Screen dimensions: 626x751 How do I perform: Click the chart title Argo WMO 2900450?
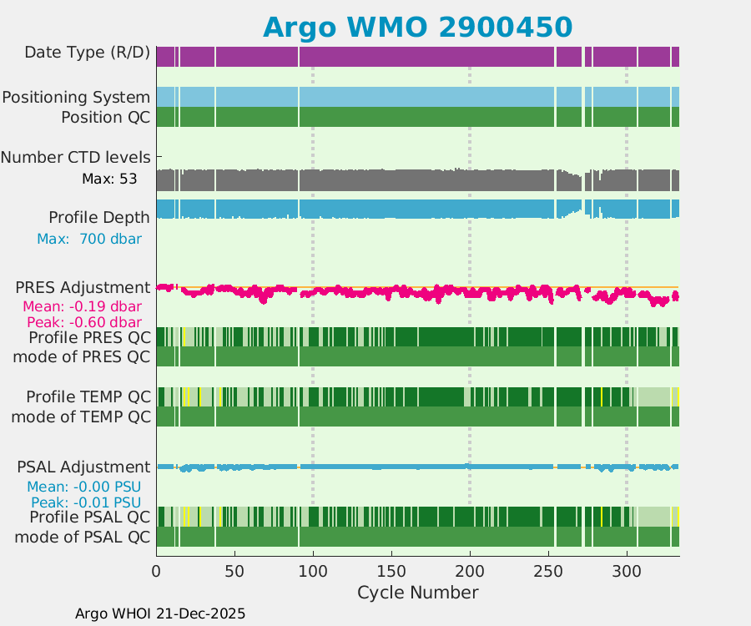(417, 27)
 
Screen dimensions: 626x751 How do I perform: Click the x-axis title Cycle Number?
(417, 593)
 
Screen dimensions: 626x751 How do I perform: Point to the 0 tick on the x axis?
(156, 571)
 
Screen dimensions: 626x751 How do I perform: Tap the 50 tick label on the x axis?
(234, 571)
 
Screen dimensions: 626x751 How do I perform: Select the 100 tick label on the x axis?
(313, 571)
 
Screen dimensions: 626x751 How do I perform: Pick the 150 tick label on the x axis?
(391, 571)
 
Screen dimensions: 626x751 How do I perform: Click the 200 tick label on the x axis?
(470, 571)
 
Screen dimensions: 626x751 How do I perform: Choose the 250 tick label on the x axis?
(548, 571)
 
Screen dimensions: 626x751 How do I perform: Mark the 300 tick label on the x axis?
(627, 571)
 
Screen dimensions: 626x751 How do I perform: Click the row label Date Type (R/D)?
(87, 53)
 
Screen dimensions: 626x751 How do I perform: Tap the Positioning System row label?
(76, 98)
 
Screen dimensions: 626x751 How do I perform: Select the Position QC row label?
(105, 118)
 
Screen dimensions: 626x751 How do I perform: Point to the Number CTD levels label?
(76, 157)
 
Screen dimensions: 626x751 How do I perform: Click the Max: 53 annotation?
(109, 179)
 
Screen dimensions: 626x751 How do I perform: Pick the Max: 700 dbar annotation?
(88, 239)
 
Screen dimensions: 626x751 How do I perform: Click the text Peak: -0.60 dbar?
(83, 322)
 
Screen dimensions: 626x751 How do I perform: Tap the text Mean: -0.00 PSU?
(83, 487)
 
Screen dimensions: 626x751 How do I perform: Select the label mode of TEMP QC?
(81, 416)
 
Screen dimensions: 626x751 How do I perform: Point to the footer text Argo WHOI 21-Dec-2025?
(160, 613)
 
